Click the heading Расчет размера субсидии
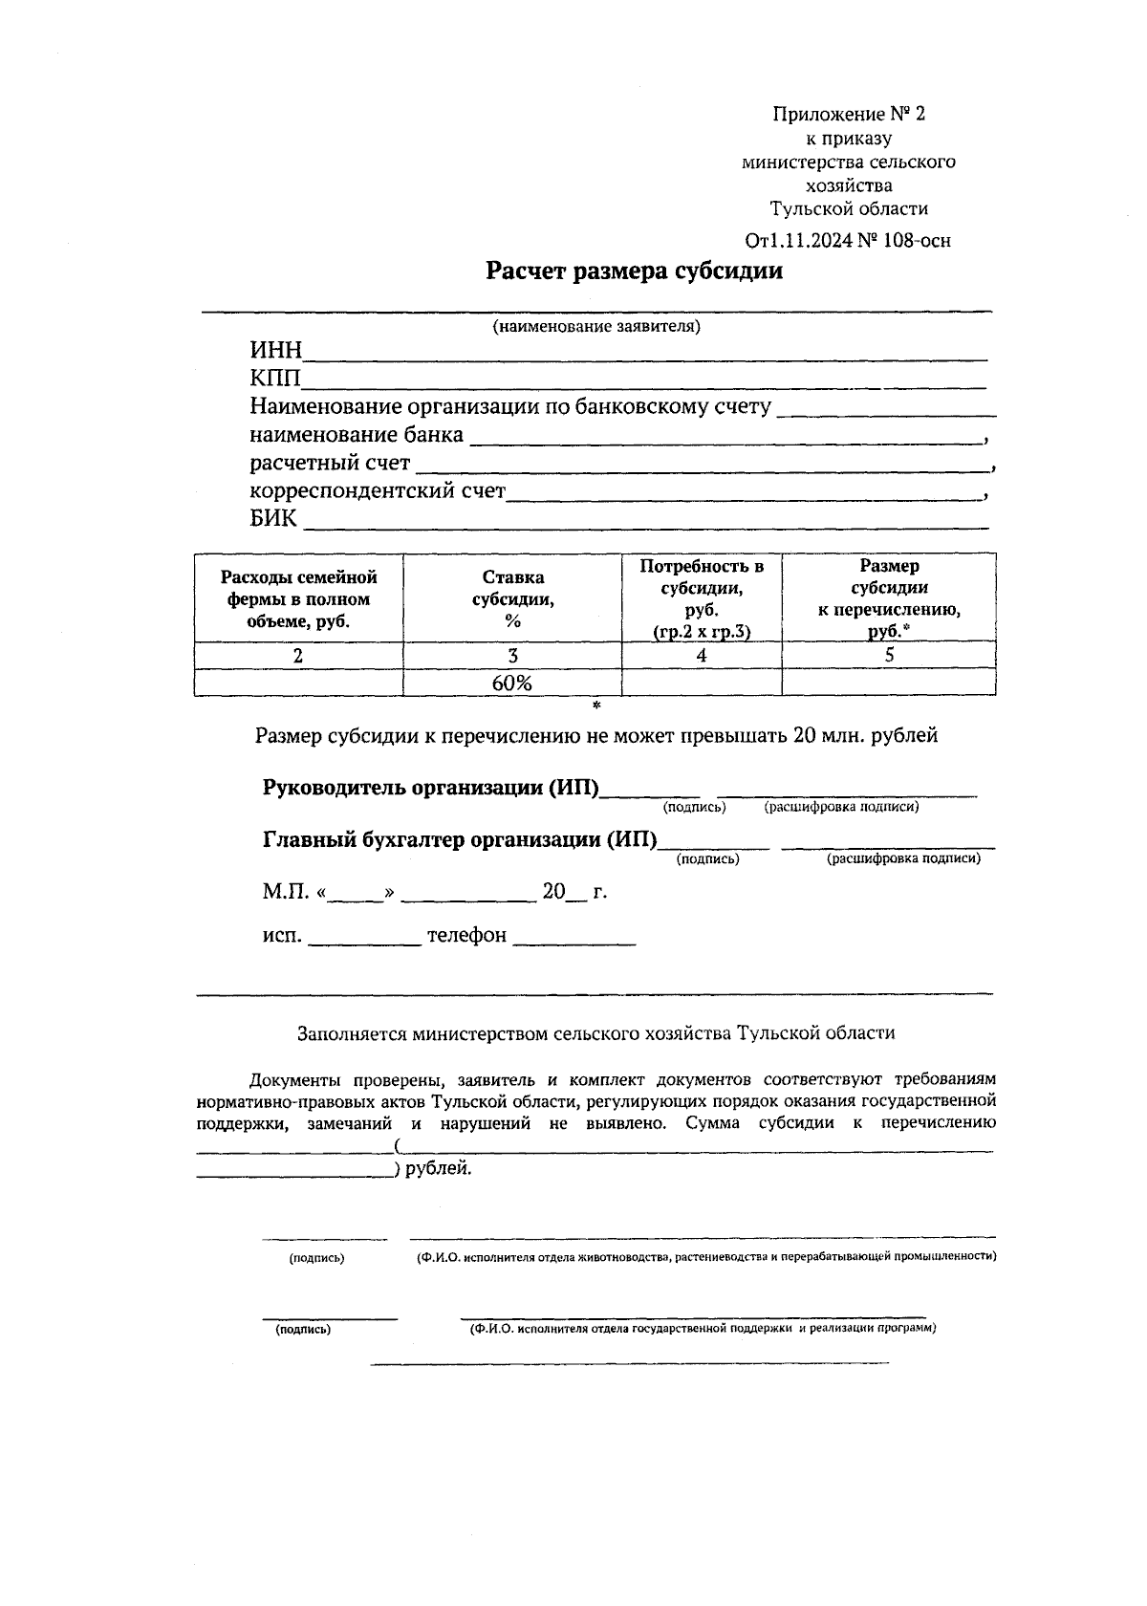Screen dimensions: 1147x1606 click(634, 271)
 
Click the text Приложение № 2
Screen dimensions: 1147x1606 click(849, 115)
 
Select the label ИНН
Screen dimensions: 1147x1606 click(275, 350)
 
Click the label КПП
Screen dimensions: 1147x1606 click(275, 379)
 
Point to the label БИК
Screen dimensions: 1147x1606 click(273, 519)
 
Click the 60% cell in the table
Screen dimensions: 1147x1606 click(512, 684)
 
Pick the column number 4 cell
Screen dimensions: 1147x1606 click(702, 656)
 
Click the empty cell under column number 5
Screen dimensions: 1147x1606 click(889, 683)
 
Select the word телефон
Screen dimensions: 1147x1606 click(466, 936)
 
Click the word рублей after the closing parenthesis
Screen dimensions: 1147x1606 click(438, 1168)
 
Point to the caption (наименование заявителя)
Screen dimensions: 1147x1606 click(595, 327)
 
